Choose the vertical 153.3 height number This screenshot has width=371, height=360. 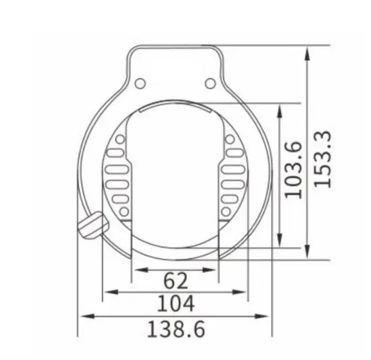tap(324, 159)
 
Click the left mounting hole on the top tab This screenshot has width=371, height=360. tap(140, 84)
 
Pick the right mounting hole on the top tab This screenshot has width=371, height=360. tap(210, 84)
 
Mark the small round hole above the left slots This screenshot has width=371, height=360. tap(120, 140)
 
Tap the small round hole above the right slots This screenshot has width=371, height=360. tap(231, 140)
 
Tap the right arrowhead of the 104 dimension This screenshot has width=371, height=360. tap(244, 292)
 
